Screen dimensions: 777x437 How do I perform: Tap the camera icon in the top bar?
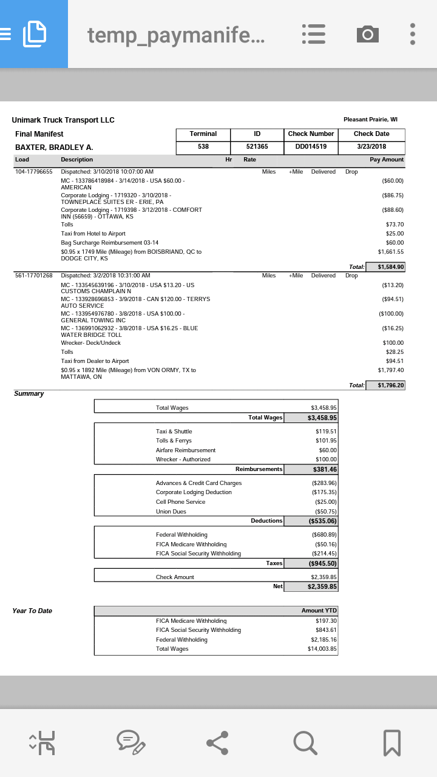(367, 34)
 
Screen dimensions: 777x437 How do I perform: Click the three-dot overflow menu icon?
(413, 34)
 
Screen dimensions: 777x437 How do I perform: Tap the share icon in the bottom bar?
(217, 742)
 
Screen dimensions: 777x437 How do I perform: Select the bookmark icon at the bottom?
(391, 742)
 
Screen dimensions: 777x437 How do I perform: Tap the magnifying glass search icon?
(304, 742)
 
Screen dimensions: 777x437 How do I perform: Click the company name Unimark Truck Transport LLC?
(63, 120)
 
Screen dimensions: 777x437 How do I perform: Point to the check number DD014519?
(311, 147)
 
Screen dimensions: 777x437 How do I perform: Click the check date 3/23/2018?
(371, 147)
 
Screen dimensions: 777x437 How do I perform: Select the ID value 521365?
(257, 147)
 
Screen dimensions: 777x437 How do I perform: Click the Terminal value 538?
(203, 147)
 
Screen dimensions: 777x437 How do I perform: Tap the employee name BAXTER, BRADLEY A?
(54, 148)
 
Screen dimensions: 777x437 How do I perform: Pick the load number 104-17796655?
(34, 172)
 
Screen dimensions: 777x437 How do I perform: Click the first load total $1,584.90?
(390, 267)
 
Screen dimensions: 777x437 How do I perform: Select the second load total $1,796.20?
(390, 385)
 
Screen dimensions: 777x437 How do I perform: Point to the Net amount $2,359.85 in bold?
(322, 587)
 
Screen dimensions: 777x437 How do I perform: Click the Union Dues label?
(171, 512)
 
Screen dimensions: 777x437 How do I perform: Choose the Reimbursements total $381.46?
(325, 470)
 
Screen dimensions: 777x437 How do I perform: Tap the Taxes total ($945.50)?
(322, 564)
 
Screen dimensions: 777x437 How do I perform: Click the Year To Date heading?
(32, 611)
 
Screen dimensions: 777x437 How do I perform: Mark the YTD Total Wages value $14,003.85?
(322, 649)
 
